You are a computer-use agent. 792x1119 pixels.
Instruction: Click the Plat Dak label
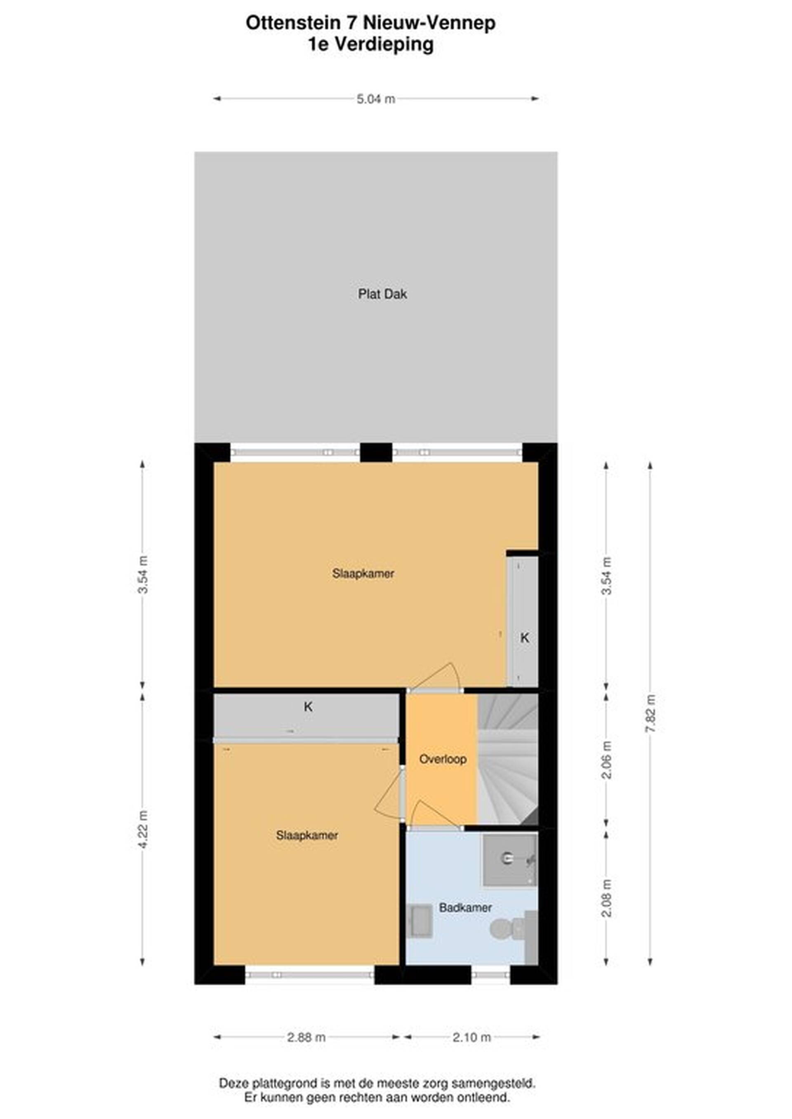pyautogui.click(x=382, y=294)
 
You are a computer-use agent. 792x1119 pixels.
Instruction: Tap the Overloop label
pyautogui.click(x=443, y=759)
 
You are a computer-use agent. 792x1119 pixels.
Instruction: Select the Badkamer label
pyautogui.click(x=465, y=908)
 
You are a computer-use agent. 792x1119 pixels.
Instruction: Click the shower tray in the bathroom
pyautogui.click(x=509, y=860)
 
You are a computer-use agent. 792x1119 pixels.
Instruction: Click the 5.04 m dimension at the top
pyautogui.click(x=376, y=99)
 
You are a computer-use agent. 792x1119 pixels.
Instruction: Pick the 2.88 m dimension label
pyautogui.click(x=306, y=1037)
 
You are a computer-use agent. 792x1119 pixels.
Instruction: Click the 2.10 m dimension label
pyautogui.click(x=471, y=1037)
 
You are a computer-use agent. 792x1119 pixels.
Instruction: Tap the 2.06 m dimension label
pyautogui.click(x=606, y=760)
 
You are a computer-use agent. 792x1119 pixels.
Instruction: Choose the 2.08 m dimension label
pyautogui.click(x=606, y=898)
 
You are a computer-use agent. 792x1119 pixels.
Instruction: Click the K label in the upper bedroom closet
pyautogui.click(x=525, y=638)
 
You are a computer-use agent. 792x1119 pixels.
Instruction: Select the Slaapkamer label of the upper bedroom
pyautogui.click(x=363, y=573)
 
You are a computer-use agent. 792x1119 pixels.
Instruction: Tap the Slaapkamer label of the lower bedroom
pyautogui.click(x=307, y=835)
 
